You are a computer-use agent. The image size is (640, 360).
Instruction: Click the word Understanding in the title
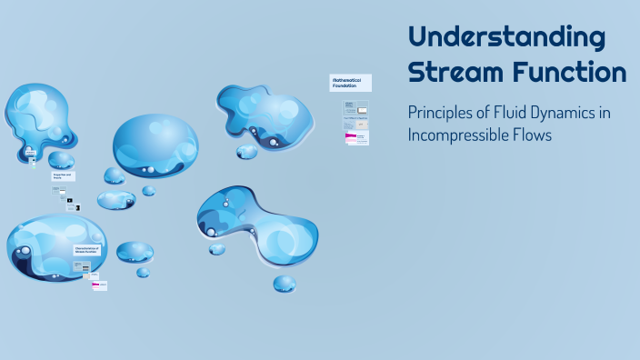[506, 38]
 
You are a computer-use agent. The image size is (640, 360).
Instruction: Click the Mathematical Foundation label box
[350, 83]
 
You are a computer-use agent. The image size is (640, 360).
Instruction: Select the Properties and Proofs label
[63, 176]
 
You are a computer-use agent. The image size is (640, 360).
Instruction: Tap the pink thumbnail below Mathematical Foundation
[355, 138]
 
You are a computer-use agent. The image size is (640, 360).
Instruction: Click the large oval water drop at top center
[155, 145]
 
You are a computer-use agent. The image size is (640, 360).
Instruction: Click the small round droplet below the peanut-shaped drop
[285, 284]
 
